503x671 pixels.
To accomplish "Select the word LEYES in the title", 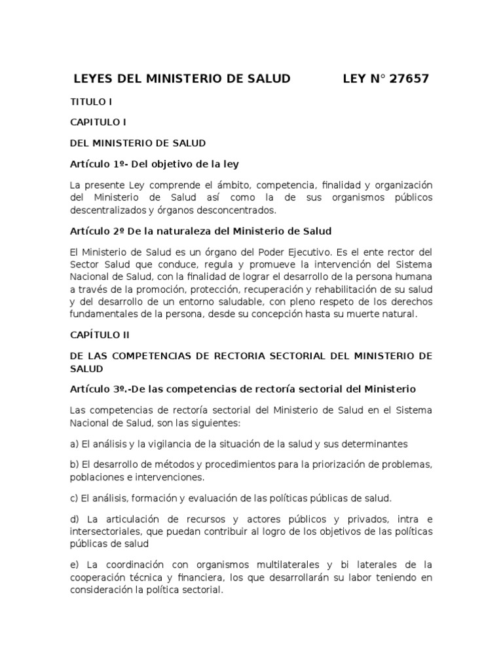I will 94,79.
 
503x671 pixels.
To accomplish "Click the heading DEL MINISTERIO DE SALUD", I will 138,142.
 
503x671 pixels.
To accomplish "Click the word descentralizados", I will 109,210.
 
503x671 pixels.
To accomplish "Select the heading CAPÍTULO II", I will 100,335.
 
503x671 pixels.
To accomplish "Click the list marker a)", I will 75,444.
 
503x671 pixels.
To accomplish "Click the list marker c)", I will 74,498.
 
